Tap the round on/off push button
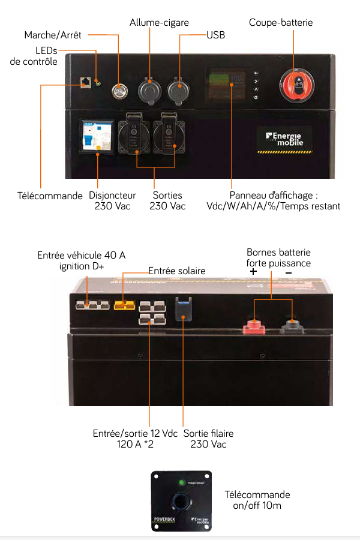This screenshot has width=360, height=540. [119, 89]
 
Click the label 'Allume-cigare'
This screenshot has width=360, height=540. [159, 22]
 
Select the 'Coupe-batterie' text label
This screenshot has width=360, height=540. [281, 22]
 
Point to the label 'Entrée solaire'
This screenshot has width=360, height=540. [177, 271]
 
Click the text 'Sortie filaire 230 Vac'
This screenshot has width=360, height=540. [208, 439]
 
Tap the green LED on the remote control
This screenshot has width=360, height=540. [181, 482]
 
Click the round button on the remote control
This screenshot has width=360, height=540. [180, 503]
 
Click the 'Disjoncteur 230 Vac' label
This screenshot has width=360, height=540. [112, 200]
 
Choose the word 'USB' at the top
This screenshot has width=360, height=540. [215, 35]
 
